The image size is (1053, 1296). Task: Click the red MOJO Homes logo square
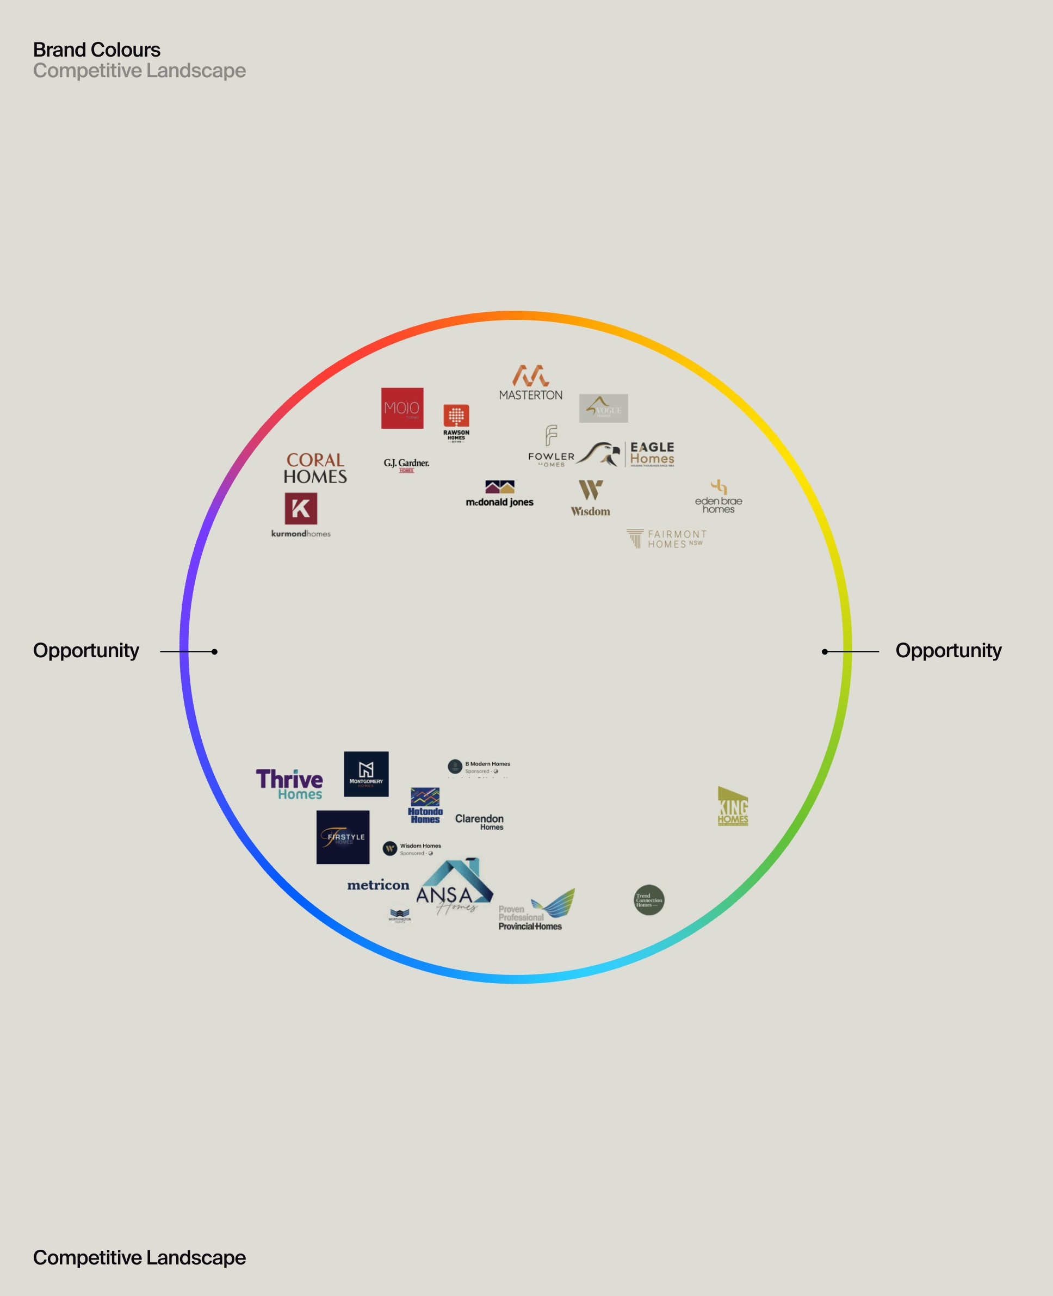(402, 408)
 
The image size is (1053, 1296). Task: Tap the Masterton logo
(531, 383)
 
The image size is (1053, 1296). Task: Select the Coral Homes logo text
(315, 468)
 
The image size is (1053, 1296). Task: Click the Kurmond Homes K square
(301, 509)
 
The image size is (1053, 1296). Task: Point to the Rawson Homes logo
(456, 422)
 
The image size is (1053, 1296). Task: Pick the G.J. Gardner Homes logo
(406, 465)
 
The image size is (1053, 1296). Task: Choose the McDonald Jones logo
(500, 494)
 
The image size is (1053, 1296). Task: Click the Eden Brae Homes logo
(719, 497)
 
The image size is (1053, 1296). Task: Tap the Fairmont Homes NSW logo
(667, 539)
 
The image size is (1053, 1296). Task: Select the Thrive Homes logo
(289, 785)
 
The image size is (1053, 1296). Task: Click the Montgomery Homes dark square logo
(366, 774)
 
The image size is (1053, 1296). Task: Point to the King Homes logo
(733, 806)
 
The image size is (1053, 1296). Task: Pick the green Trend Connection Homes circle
(649, 900)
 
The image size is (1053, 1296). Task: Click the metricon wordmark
(378, 885)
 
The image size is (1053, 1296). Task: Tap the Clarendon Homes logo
(479, 822)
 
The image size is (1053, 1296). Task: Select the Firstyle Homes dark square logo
(343, 837)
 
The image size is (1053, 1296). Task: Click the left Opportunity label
(86, 650)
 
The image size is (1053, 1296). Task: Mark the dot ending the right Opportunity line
(825, 652)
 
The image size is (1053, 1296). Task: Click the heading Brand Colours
(96, 50)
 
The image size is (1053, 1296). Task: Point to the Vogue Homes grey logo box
(604, 409)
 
